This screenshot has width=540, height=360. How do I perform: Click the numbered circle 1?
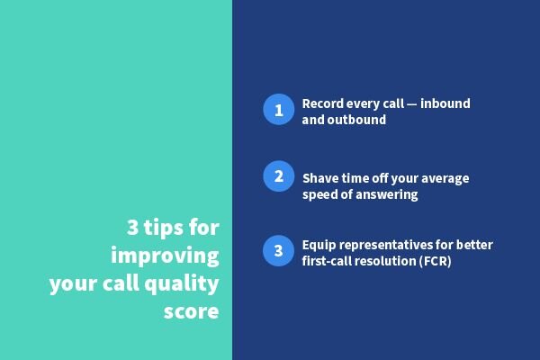pos(279,111)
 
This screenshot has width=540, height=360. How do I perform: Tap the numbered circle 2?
pos(279,176)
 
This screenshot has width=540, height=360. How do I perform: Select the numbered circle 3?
pos(279,250)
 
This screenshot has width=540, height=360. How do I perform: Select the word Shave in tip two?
pos(320,178)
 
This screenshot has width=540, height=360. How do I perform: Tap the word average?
pos(441,178)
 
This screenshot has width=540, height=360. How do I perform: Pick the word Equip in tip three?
pos(319,245)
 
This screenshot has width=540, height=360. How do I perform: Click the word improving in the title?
pos(166,255)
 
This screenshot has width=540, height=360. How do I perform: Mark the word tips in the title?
pos(156,226)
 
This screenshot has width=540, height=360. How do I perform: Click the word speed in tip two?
pos(321,194)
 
